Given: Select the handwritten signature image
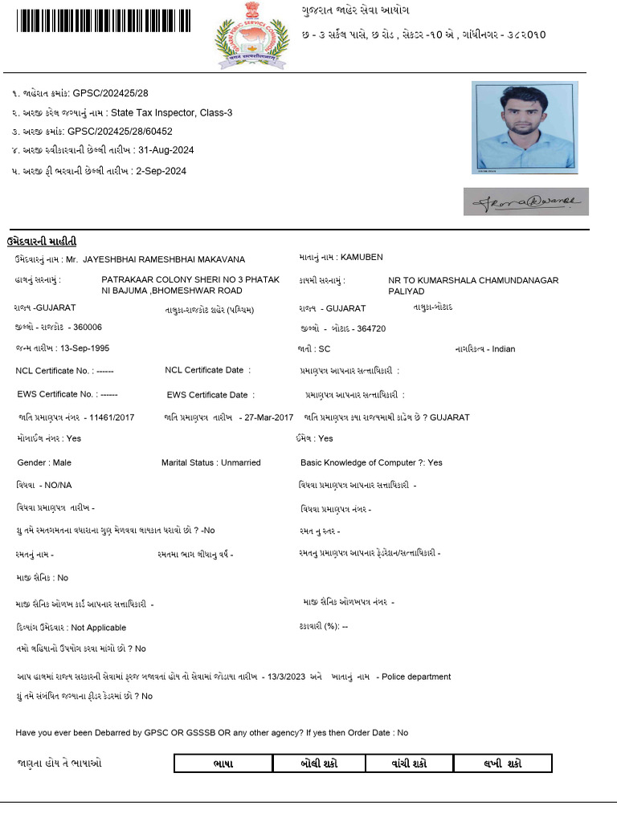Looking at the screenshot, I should click(x=525, y=201).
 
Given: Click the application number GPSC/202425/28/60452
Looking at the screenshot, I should click(x=120, y=131).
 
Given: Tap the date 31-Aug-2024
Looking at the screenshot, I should click(x=166, y=150).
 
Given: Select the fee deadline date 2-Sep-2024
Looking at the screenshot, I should click(x=161, y=171).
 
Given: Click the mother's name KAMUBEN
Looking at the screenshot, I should click(x=362, y=258).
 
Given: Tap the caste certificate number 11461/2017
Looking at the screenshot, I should click(x=112, y=417).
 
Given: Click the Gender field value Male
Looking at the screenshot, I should click(x=61, y=463).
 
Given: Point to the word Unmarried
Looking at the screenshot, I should click(x=240, y=463).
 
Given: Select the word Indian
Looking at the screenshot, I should click(x=504, y=349).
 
